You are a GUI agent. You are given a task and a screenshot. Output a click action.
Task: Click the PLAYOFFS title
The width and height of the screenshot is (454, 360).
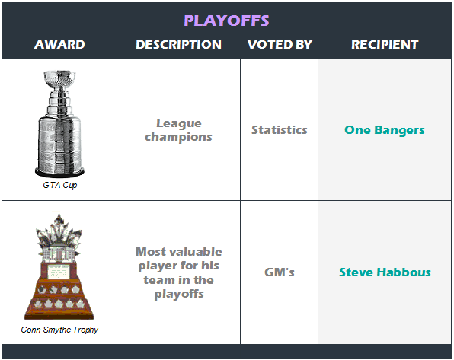[226, 21]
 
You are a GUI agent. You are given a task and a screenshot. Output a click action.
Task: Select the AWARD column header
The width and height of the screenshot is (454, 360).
[59, 45]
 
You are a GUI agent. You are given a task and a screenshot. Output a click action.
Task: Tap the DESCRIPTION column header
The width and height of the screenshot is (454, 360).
[179, 45]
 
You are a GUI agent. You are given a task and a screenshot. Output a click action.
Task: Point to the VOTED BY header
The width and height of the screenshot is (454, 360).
[280, 45]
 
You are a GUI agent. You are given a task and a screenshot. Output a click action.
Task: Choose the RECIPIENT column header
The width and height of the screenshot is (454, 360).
[385, 45]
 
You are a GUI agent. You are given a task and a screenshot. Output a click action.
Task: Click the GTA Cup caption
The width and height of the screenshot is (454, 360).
[60, 185]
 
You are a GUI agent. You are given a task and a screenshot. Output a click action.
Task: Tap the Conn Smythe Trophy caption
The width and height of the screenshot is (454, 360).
[59, 330]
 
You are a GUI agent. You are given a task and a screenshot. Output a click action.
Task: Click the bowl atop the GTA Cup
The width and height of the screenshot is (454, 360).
[59, 78]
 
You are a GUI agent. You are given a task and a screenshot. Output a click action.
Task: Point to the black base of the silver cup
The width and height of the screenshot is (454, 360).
[59, 172]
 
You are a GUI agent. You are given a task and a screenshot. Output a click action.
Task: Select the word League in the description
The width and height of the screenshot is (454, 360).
[179, 123]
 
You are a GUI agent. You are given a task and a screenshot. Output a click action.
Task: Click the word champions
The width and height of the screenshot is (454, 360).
[178, 137]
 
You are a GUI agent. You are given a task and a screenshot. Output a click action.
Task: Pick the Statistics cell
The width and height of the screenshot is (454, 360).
[280, 130]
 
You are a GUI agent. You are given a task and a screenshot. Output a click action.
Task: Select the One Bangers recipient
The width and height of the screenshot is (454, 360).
[385, 130]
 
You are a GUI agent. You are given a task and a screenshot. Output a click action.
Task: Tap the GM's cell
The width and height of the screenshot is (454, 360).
[280, 272]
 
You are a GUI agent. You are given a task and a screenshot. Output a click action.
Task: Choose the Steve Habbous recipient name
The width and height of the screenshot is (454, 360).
[385, 272]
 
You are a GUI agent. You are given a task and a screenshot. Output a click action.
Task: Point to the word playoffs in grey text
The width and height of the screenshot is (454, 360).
[179, 295]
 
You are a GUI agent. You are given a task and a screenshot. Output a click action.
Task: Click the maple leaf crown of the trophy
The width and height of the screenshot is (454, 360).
[59, 231]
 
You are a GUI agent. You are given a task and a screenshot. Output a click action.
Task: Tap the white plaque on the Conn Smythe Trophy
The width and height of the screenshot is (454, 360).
[59, 272]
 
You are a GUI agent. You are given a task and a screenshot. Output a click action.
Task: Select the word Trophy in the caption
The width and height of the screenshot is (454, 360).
[85, 330]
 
